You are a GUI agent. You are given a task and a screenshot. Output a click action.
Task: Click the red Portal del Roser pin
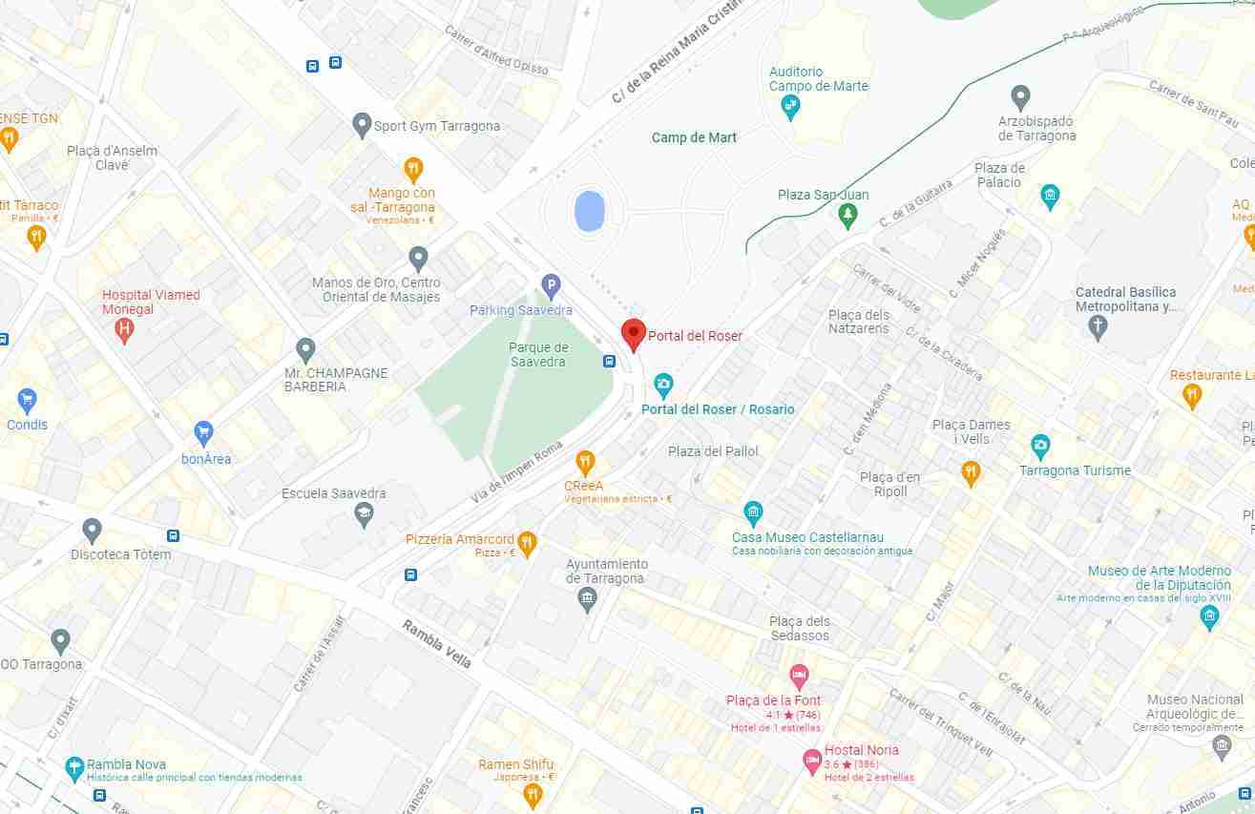tap(633, 335)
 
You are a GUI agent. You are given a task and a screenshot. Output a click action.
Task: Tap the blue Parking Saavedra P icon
tap(551, 284)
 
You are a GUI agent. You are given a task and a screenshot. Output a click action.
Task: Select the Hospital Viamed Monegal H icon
tap(123, 330)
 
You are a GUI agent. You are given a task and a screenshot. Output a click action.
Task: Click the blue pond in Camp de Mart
tap(588, 210)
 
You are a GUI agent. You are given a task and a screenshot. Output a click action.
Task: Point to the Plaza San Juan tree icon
tap(847, 217)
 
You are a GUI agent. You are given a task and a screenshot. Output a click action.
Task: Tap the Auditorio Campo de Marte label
tap(818, 78)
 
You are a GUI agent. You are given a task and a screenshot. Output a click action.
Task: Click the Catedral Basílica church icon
tap(1098, 327)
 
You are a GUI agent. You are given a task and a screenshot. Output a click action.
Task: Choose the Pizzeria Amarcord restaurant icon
tap(527, 544)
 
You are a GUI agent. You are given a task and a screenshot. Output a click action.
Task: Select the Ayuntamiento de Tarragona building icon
tap(587, 600)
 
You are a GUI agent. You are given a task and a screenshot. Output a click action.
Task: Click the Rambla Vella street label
tap(436, 643)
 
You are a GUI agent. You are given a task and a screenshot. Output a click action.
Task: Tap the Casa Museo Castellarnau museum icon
tap(753, 513)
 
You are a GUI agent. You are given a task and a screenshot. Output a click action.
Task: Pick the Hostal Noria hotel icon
tap(812, 761)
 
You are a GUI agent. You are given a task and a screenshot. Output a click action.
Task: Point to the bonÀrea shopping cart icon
tap(203, 433)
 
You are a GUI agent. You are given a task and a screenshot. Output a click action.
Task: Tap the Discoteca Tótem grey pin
tap(92, 530)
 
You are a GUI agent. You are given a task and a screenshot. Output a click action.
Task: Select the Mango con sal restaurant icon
tap(413, 170)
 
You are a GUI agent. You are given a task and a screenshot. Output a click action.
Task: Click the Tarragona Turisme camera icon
tap(1040, 446)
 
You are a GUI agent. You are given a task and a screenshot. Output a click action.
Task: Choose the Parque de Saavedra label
tap(538, 354)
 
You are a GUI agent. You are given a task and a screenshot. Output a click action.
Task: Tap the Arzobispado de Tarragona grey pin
tap(1020, 96)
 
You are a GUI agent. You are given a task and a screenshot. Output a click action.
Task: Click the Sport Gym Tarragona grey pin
tap(361, 124)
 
